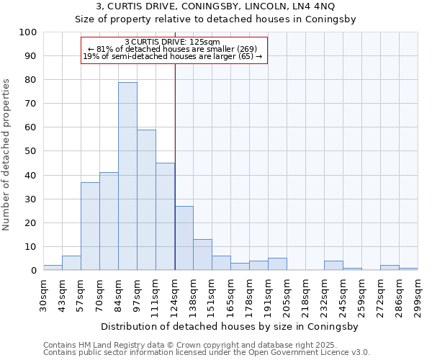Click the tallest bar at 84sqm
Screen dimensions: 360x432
click(127, 176)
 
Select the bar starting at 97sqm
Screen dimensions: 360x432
click(146, 200)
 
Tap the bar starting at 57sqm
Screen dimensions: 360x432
click(90, 226)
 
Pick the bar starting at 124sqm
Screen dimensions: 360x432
click(184, 238)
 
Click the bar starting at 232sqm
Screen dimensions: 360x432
click(333, 266)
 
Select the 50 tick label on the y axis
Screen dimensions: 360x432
click(30, 151)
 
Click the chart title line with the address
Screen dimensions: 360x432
click(215, 6)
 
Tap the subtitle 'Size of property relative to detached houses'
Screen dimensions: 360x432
click(215, 19)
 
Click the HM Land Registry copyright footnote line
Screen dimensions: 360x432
click(194, 345)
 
